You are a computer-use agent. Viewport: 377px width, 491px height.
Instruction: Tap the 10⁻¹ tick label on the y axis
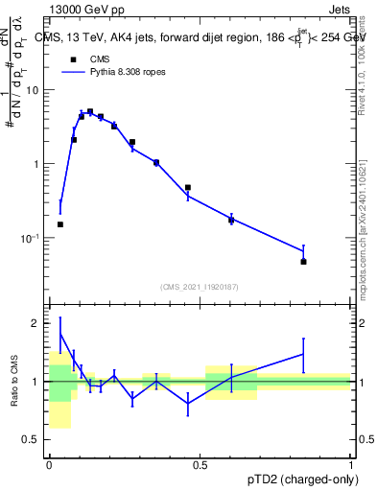32,238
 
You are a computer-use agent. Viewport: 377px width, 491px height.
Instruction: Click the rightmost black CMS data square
303,261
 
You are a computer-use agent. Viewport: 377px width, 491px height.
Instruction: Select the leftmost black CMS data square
60,224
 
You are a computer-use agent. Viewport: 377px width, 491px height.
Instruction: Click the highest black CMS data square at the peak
90,111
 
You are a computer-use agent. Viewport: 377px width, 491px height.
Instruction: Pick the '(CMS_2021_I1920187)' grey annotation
199,287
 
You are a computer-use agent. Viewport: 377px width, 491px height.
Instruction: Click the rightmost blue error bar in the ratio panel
303,355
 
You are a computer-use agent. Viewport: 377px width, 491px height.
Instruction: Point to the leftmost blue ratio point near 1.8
60,334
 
